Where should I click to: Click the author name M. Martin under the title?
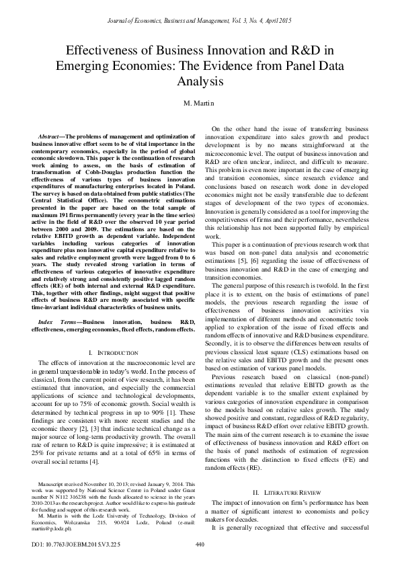click(x=200, y=105)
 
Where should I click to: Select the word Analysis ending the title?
click(x=200, y=82)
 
